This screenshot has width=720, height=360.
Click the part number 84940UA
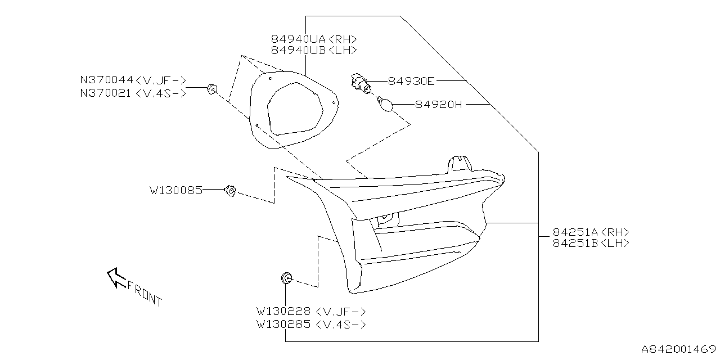(298, 39)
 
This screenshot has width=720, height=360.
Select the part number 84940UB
(298, 49)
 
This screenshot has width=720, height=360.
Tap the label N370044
(106, 80)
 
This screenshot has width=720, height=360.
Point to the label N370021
(106, 93)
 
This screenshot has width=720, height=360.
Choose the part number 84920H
(438, 104)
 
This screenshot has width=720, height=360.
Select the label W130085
(175, 190)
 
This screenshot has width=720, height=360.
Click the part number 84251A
(575, 232)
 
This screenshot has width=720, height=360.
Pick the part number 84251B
(575, 243)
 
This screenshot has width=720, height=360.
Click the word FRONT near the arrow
(145, 293)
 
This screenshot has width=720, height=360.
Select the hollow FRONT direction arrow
(116, 276)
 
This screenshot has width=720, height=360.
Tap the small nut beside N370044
(211, 88)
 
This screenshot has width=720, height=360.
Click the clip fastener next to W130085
(230, 191)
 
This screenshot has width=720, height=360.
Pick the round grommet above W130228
(286, 277)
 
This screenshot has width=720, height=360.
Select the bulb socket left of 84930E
(358, 82)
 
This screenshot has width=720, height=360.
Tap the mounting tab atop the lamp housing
(458, 163)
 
